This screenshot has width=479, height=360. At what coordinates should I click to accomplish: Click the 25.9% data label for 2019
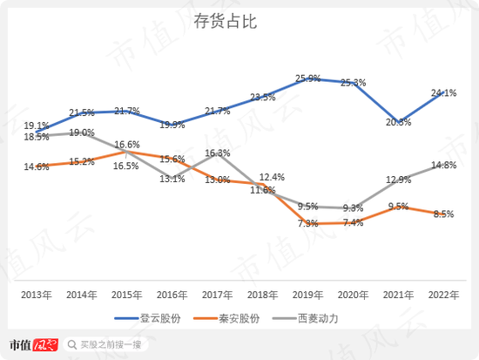click(x=307, y=78)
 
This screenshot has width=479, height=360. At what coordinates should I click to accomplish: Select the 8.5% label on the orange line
click(x=443, y=214)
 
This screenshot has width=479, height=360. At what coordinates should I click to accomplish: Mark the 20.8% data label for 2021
click(x=397, y=122)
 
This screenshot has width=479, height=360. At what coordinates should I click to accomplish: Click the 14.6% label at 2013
click(x=36, y=166)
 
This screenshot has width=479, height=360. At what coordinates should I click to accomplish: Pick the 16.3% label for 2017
click(x=218, y=153)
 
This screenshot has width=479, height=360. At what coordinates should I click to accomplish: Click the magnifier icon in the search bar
click(x=74, y=343)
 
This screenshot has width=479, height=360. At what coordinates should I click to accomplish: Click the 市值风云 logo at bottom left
click(x=33, y=343)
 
